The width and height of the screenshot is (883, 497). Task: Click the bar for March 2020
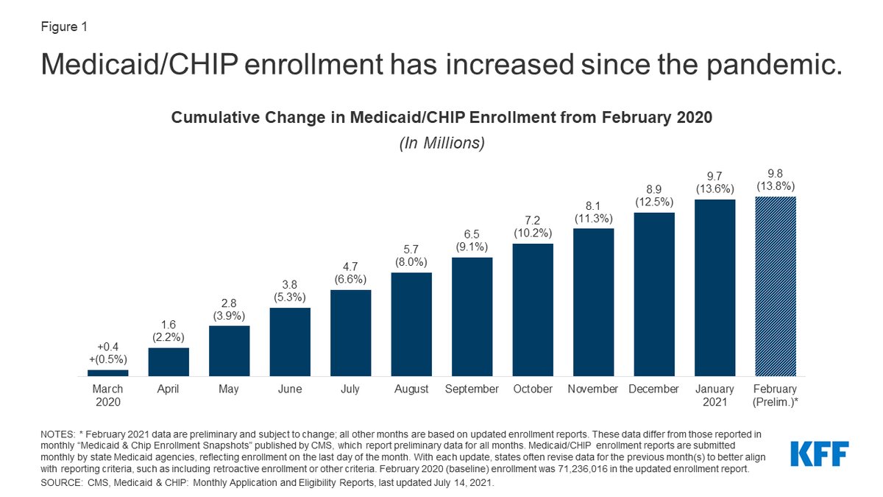pyautogui.click(x=108, y=373)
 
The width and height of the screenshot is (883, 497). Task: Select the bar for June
pyautogui.click(x=290, y=342)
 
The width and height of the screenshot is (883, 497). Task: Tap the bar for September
pyautogui.click(x=472, y=317)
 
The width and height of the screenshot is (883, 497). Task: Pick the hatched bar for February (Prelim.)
pyautogui.click(x=776, y=286)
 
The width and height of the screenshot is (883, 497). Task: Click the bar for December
pyautogui.click(x=654, y=294)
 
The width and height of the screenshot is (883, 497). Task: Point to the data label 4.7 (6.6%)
pyautogui.click(x=351, y=272)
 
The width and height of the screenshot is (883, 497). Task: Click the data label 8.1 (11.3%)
pyautogui.click(x=593, y=211)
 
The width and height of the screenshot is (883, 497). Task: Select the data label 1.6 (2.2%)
pyautogui.click(x=169, y=331)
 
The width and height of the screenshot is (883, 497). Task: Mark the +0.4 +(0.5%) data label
pyautogui.click(x=108, y=353)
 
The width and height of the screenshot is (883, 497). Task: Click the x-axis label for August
pyautogui.click(x=411, y=389)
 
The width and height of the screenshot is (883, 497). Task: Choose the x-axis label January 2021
pyautogui.click(x=715, y=395)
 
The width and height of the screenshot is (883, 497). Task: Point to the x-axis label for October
pyautogui.click(x=533, y=389)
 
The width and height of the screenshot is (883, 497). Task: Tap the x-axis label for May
pyautogui.click(x=229, y=389)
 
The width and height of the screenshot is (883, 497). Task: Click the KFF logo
pyautogui.click(x=820, y=454)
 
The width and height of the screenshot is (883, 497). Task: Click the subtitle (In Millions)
pyautogui.click(x=441, y=143)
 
